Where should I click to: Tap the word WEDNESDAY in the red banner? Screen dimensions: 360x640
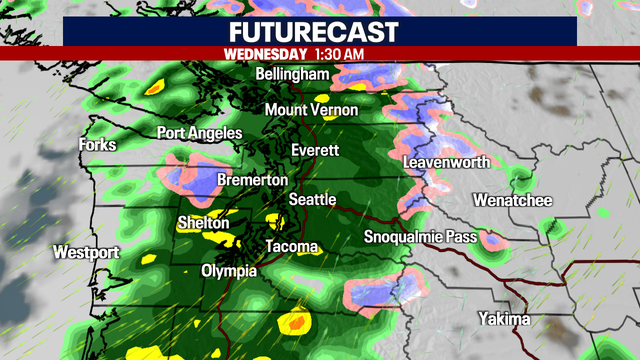point(265,52)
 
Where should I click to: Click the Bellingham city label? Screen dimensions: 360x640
point(292,76)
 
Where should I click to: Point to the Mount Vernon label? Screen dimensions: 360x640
point(311,110)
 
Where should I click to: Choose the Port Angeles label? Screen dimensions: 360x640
point(199,133)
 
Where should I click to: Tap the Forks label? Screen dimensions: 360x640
point(98,145)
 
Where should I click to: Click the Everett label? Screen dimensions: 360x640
point(315,150)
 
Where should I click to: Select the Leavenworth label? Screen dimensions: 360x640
point(443,163)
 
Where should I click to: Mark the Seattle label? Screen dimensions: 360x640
point(312,200)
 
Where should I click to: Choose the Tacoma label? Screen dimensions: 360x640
point(292,247)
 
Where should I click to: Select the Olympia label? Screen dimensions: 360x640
point(229,271)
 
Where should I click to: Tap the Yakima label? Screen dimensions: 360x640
point(503,320)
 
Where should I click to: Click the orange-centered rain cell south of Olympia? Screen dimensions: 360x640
point(296,323)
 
